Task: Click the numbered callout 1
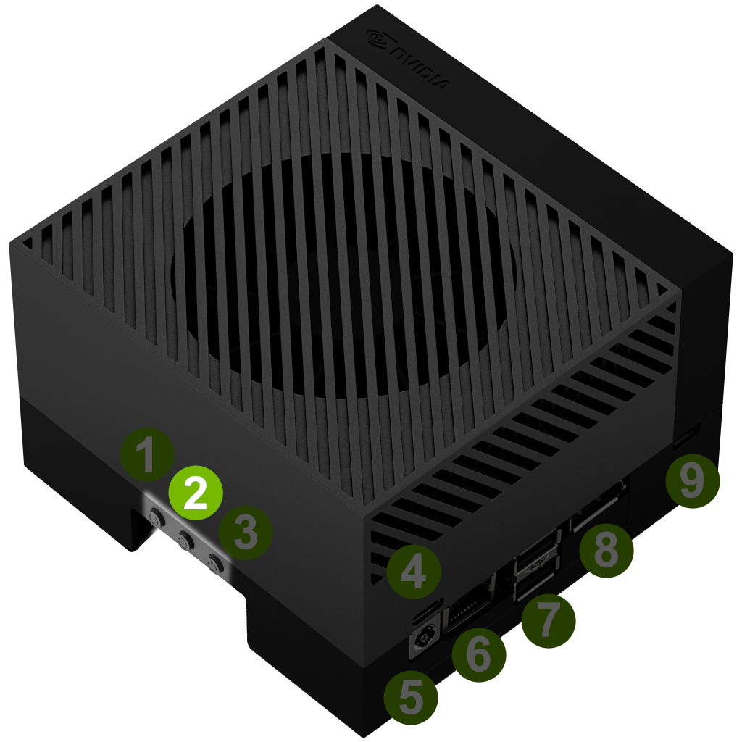(x=146, y=455)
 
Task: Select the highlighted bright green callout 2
(x=196, y=493)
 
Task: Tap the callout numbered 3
(x=245, y=533)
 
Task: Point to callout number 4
(x=414, y=572)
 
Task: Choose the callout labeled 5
(x=411, y=698)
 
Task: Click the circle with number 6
(x=478, y=655)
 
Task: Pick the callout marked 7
(x=549, y=621)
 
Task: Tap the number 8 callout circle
(x=606, y=551)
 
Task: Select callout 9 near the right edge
(x=692, y=481)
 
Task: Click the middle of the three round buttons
(x=185, y=540)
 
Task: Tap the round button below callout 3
(x=215, y=565)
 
